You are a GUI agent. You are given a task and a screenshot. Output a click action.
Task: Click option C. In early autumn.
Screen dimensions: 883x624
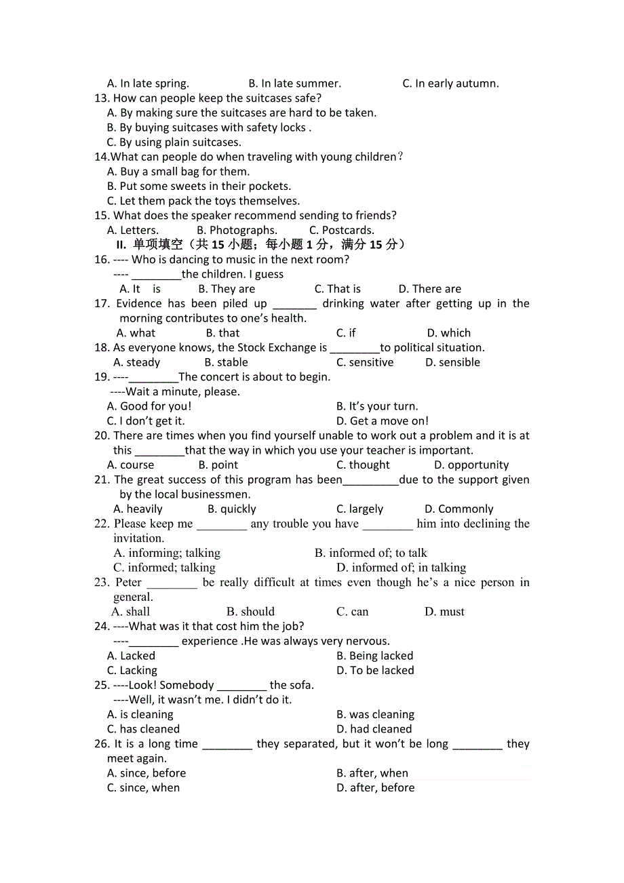point(450,83)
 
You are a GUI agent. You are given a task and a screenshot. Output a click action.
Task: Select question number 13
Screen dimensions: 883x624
point(102,98)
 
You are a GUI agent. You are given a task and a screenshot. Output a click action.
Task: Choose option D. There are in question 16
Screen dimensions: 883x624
point(429,289)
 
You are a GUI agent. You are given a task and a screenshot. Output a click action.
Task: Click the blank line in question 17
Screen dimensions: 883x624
point(294,304)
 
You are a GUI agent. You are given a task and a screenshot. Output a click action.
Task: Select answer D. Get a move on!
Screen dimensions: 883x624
point(383,420)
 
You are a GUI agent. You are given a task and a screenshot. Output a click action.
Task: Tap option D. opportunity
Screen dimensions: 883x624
point(471,465)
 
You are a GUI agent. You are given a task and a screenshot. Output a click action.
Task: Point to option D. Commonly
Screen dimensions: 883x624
point(459,509)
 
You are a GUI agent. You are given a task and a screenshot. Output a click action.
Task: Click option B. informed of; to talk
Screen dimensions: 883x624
point(370,553)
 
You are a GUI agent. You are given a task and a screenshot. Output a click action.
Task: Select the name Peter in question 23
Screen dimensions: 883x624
point(128,582)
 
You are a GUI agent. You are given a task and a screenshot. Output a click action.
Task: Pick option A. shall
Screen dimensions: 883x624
point(131,611)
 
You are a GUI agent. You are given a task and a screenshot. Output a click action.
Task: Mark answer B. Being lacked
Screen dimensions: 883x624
point(374,656)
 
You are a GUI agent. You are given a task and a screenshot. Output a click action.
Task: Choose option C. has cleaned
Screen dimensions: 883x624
point(143,729)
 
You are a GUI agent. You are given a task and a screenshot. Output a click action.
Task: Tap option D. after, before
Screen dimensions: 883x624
point(375,787)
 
